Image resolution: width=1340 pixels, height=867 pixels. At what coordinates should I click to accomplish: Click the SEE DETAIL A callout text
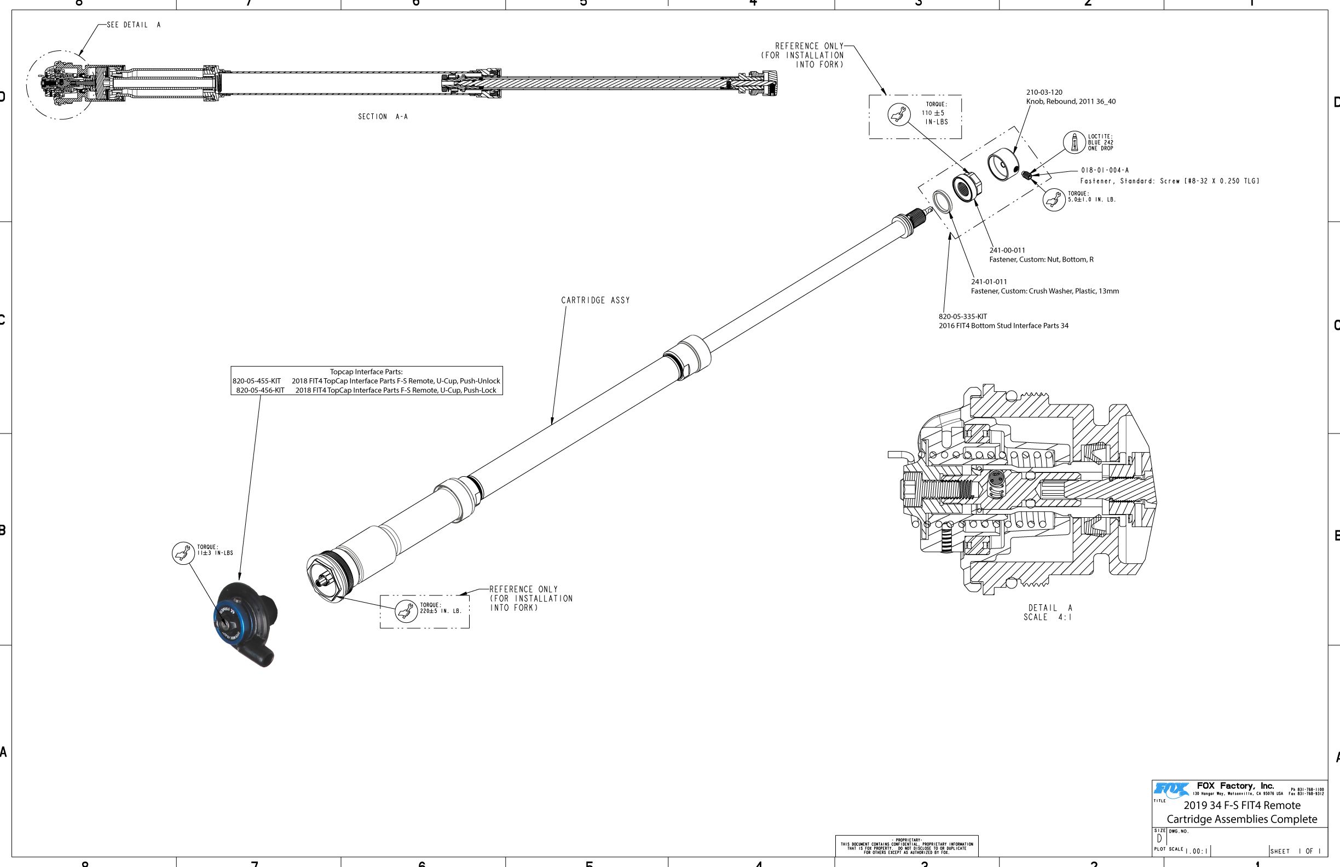pos(134,25)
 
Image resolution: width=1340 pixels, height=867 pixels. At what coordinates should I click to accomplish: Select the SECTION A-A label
pos(383,117)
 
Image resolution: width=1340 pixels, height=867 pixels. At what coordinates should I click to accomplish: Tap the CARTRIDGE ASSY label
pos(595,300)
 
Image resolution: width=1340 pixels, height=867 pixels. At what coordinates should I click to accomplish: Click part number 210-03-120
pos(1044,93)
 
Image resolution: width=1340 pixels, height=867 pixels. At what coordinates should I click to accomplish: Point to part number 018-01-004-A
pos(1104,170)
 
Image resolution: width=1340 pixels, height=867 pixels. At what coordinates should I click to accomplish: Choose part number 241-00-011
pos(1007,250)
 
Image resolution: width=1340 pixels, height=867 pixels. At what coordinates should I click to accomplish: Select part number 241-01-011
pos(989,281)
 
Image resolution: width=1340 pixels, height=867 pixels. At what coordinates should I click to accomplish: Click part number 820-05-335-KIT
pos(962,316)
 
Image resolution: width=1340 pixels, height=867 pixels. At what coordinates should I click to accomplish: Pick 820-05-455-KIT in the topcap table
pos(257,381)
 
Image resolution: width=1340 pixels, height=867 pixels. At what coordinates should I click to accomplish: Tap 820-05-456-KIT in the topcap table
pos(260,390)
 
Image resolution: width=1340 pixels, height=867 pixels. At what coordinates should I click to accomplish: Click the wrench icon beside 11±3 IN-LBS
pos(182,553)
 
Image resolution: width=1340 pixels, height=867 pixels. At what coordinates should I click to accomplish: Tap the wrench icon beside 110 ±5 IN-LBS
pos(899,114)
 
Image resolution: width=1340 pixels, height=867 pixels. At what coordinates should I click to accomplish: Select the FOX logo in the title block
pos(1171,790)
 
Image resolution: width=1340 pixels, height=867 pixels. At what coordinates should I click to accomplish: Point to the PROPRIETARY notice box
pos(906,846)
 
